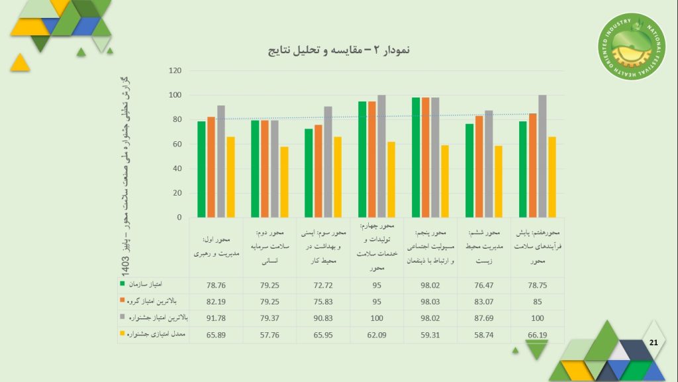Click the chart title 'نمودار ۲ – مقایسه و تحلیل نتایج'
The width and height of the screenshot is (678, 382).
pos(338,50)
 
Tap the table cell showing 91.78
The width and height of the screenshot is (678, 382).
pos(216,318)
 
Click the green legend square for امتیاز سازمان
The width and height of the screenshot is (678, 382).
pos(122,284)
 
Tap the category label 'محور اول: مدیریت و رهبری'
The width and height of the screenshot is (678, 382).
pos(216,247)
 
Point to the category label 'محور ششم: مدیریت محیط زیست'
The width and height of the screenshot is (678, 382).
pos(483,247)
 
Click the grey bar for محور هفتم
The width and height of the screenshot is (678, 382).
pos(542,156)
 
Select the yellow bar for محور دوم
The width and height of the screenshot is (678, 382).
pos(284,182)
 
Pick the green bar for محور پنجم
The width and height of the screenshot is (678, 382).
pos(416,157)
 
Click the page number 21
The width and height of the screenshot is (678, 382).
pos(654,342)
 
